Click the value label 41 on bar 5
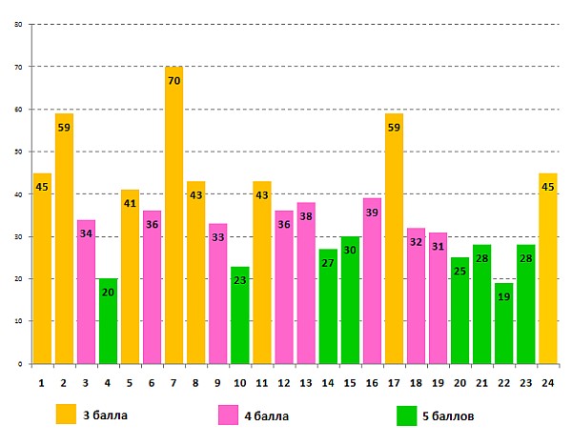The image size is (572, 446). click(x=130, y=204)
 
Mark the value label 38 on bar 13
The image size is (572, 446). click(x=305, y=216)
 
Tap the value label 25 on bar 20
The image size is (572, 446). click(x=460, y=272)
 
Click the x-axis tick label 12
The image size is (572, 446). click(x=283, y=382)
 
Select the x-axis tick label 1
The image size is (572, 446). click(x=42, y=382)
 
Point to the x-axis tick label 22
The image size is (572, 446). click(x=503, y=382)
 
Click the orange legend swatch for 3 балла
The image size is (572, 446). click(x=66, y=415)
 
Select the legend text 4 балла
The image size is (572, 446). click(x=268, y=416)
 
